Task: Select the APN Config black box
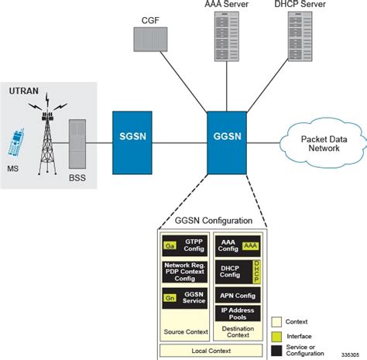(x=238, y=294)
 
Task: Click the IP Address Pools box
(x=238, y=313)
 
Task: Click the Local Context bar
(x=211, y=349)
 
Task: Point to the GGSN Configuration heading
(x=211, y=221)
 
